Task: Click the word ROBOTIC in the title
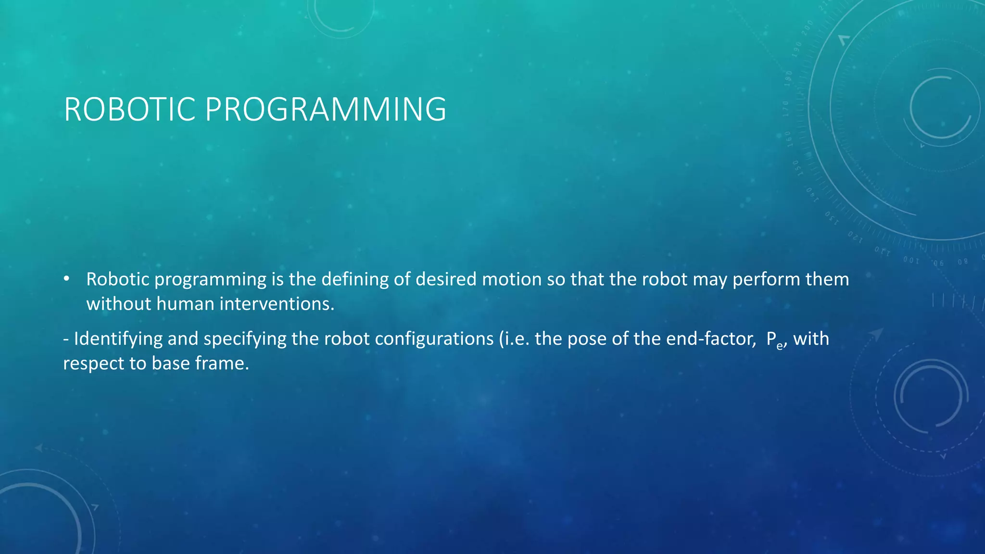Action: click(129, 110)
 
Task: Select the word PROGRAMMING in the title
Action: click(326, 110)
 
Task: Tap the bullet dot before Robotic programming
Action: click(67, 279)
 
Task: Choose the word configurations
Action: click(434, 339)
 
